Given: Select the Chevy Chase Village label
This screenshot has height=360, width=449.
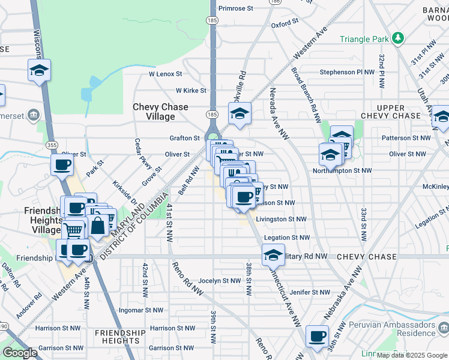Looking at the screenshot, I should pyautogui.click(x=160, y=112).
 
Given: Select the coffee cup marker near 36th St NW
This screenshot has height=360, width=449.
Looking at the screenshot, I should pyautogui.click(x=317, y=337).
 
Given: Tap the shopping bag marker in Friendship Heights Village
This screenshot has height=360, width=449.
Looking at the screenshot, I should pyautogui.click(x=98, y=227).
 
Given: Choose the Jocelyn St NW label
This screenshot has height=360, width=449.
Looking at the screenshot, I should pyautogui.click(x=219, y=280).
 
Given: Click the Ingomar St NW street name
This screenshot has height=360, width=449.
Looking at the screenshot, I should pyautogui.click(x=141, y=310).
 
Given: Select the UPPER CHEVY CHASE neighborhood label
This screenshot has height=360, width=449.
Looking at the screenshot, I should pyautogui.click(x=391, y=111).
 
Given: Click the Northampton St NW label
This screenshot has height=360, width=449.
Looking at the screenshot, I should pyautogui.click(x=342, y=170).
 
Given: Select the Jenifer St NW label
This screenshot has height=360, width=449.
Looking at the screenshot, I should pyautogui.click(x=310, y=292).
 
